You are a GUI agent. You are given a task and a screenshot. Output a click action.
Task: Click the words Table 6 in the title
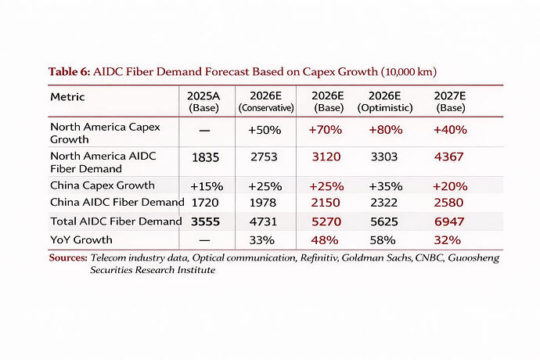[x=69, y=72]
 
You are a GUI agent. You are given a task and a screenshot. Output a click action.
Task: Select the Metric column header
[x=67, y=97]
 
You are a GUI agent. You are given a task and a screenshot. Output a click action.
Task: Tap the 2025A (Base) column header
[x=203, y=102]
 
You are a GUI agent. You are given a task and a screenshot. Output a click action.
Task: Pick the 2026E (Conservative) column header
[x=266, y=102]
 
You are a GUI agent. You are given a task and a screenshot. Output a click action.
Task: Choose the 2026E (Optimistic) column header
[x=385, y=102]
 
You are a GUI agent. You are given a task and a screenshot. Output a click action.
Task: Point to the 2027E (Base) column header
[x=450, y=102]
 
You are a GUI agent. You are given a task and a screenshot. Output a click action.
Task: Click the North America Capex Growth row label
[x=105, y=133]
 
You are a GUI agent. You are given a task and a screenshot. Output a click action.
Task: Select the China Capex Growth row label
[x=103, y=185]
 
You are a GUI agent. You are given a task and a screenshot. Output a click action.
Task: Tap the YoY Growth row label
[x=81, y=239]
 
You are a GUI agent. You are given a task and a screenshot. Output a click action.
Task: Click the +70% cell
[x=325, y=130]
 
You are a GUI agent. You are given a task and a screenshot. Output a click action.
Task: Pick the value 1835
[x=205, y=157]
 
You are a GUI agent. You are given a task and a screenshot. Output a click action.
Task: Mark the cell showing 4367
[x=448, y=157]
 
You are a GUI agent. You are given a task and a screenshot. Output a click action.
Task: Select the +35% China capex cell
[x=386, y=186]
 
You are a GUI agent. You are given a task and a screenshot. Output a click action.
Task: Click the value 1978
[x=263, y=203]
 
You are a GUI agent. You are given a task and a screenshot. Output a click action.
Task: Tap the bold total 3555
[x=205, y=221]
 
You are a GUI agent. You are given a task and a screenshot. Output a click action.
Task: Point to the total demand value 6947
[x=449, y=221]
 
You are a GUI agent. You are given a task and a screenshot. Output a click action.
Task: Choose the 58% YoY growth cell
[x=383, y=240]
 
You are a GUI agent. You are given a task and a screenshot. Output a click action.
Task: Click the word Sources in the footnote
[x=68, y=257]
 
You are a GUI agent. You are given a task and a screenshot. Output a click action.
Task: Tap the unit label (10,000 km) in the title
[x=409, y=72]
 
